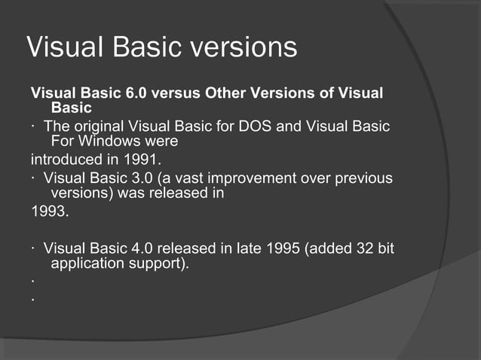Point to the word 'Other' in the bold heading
227,93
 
